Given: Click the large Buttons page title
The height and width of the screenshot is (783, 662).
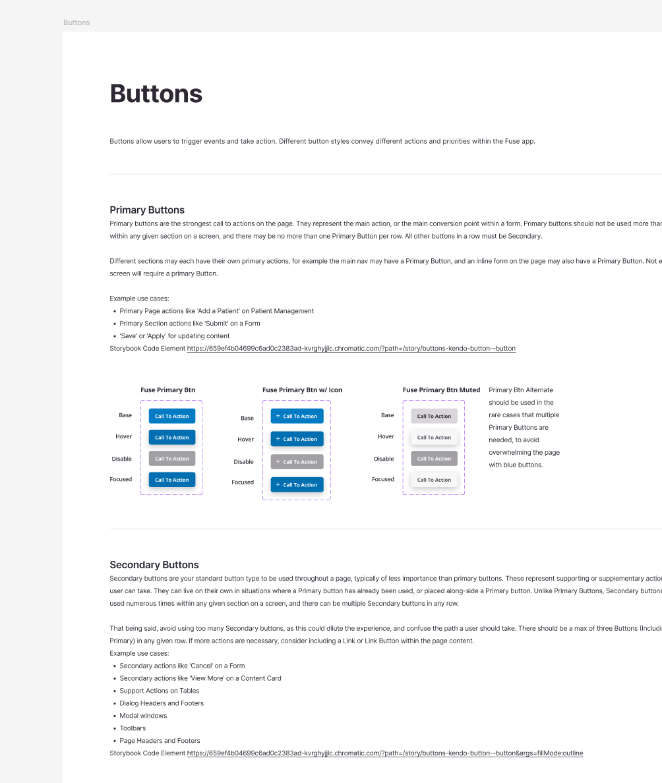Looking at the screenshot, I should [x=156, y=94].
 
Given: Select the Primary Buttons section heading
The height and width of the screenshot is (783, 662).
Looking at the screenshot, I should [x=147, y=210].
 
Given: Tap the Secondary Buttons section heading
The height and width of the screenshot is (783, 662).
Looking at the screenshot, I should [x=154, y=565].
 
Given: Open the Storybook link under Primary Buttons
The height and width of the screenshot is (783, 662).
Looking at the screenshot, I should [x=351, y=348].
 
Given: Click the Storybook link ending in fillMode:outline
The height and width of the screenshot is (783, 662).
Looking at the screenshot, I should [x=385, y=753].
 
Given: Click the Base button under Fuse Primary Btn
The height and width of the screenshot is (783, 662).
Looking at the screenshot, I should [x=171, y=416].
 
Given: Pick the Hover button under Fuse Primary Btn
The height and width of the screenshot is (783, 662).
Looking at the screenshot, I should [x=171, y=437].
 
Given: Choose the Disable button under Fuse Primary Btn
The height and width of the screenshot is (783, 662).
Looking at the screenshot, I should [x=171, y=459].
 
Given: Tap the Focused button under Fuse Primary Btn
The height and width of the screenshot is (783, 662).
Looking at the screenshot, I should [x=171, y=480].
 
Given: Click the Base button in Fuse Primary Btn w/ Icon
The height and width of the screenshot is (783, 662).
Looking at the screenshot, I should [x=297, y=416].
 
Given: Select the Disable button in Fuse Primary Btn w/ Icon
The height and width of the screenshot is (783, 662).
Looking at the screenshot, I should [x=297, y=462].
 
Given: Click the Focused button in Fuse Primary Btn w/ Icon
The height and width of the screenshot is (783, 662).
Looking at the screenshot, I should [x=297, y=484].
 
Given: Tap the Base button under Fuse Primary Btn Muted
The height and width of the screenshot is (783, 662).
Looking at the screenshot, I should [x=434, y=416].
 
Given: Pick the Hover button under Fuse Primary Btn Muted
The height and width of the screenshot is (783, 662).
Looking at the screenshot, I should [x=434, y=437].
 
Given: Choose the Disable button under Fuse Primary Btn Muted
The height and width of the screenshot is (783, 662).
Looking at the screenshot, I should [x=434, y=459].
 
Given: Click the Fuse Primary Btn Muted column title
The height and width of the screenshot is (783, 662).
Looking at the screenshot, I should [x=441, y=390].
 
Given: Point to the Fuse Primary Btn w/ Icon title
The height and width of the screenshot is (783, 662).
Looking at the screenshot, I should [x=302, y=390].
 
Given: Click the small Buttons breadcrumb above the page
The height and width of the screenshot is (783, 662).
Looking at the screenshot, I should [x=76, y=22].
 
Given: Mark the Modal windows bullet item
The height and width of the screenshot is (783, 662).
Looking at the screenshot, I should [x=143, y=715].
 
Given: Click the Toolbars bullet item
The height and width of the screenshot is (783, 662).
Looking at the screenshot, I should [x=133, y=728].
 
